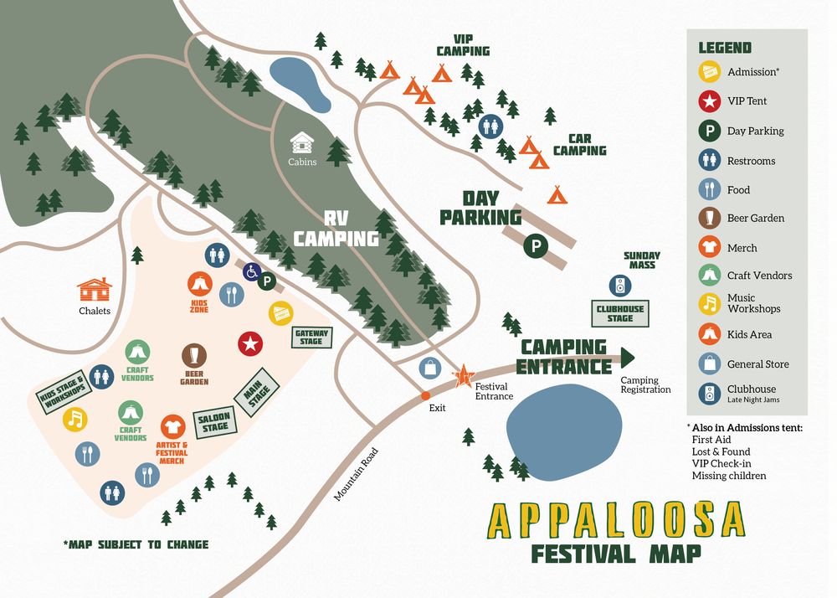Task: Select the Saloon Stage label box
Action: [215, 421]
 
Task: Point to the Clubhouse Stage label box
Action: [620, 313]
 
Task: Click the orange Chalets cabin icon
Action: [95, 290]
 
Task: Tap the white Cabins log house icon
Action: [302, 142]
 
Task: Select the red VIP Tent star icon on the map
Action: [249, 343]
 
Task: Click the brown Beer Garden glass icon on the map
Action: [195, 353]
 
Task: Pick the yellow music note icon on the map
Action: [74, 418]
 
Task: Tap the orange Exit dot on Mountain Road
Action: [425, 394]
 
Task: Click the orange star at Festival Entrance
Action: [463, 377]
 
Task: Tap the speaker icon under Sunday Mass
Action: [619, 286]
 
